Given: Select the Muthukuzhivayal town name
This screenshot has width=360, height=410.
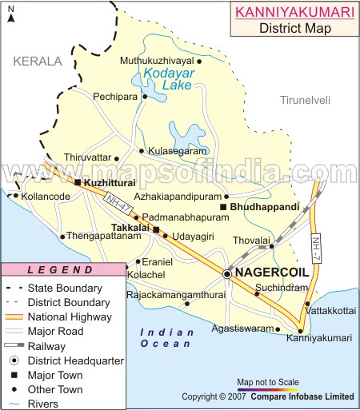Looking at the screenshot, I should (157, 60).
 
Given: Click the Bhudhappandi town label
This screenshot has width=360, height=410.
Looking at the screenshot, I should (264, 206).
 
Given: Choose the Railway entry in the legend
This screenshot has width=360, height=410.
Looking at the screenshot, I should (46, 345).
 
